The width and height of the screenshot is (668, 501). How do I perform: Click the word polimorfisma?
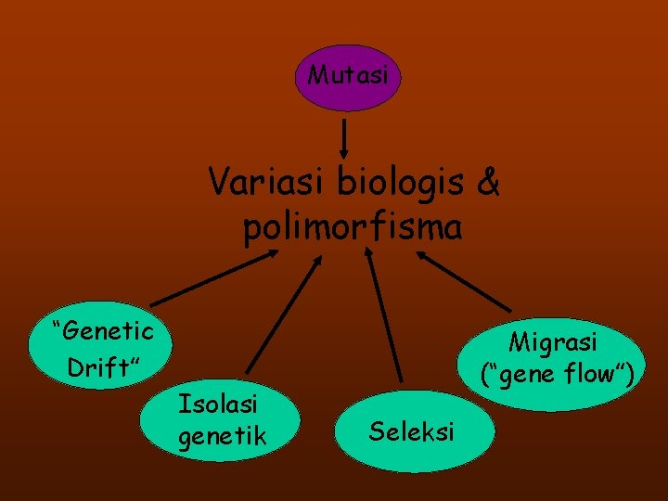(x=353, y=226)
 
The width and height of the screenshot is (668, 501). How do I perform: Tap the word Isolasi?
(x=218, y=404)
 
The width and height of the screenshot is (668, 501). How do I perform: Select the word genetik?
(x=222, y=434)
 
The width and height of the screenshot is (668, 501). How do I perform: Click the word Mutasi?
(x=348, y=75)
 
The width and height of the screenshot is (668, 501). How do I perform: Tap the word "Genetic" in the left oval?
(x=103, y=329)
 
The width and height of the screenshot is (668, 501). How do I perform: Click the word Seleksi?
(x=411, y=431)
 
